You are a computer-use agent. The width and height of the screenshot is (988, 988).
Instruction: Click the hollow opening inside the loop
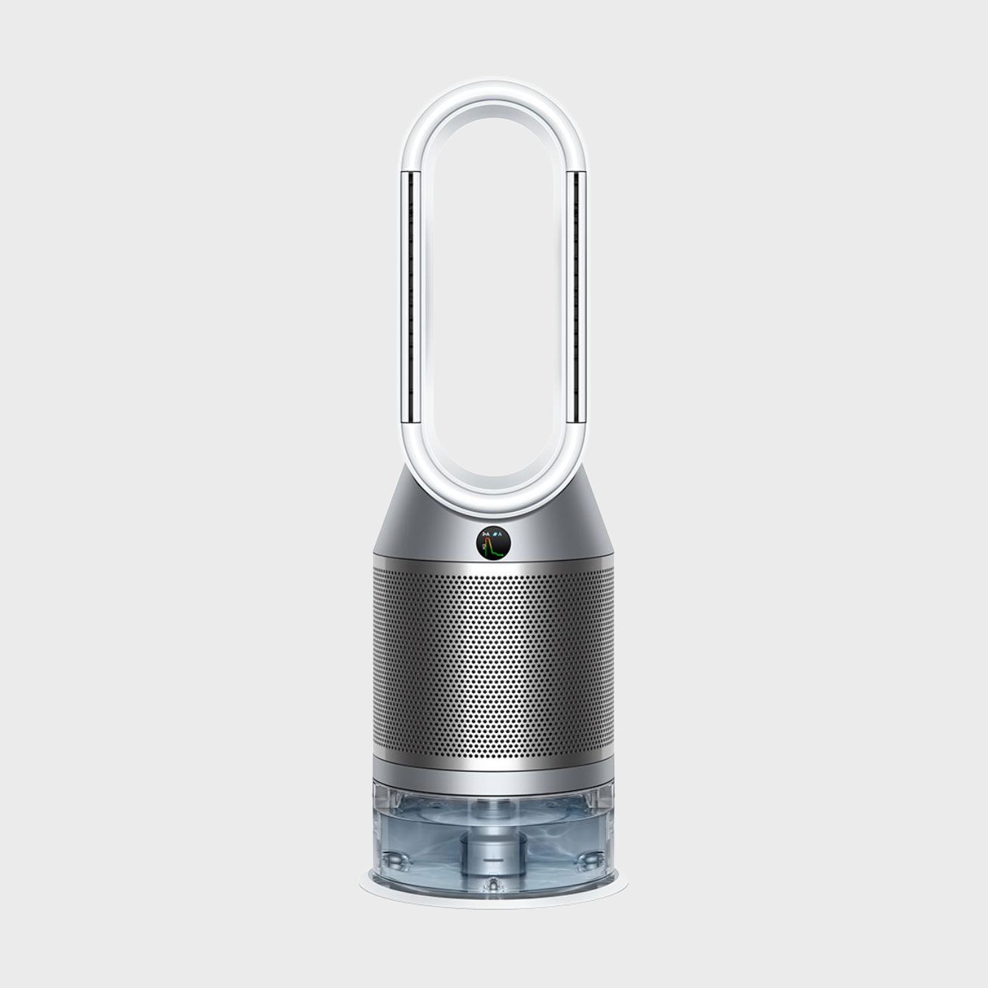point(493,295)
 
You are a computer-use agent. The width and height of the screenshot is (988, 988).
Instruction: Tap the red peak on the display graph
point(488,543)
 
